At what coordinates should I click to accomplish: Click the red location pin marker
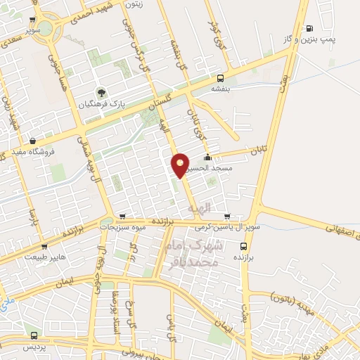180,165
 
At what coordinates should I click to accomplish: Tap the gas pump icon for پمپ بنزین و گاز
310,28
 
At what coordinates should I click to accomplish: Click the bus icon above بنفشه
221,78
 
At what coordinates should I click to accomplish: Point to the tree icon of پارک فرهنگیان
102,91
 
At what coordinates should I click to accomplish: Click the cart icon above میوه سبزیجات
123,216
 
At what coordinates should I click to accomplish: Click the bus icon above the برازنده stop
243,246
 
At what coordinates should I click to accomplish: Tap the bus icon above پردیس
33,335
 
